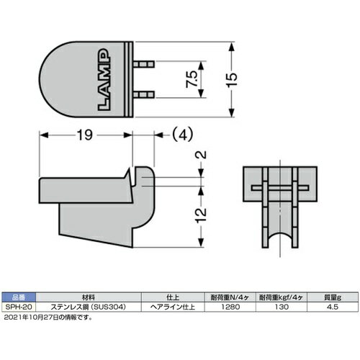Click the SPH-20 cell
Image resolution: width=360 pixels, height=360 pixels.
[19, 306]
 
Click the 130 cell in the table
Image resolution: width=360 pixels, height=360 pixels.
[281, 306]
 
